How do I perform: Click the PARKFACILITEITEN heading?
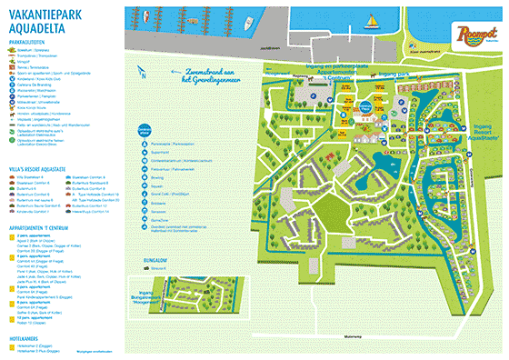pos(30,42)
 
